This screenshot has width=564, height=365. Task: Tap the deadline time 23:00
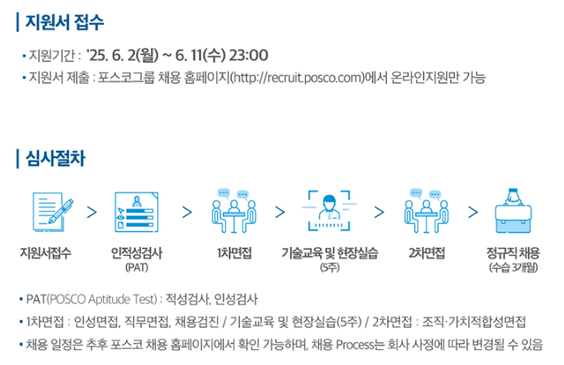(x=245, y=56)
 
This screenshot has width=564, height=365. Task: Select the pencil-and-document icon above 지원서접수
(x=51, y=211)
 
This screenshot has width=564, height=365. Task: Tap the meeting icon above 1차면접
(x=233, y=211)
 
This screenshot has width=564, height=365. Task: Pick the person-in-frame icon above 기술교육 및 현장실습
(x=329, y=211)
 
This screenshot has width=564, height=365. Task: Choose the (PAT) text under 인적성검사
(x=136, y=268)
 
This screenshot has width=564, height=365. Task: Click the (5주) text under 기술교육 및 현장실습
(x=329, y=268)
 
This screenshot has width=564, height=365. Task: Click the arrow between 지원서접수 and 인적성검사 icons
(x=92, y=212)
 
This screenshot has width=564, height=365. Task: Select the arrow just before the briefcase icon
(x=473, y=212)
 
